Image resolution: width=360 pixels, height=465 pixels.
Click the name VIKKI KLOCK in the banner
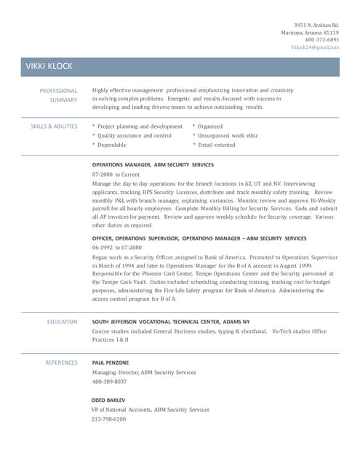click(x=49, y=67)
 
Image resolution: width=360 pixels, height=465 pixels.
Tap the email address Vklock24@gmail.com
click(x=315, y=47)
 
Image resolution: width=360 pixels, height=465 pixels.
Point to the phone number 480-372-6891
click(x=322, y=40)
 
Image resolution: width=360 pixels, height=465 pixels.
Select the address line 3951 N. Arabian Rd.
click(x=316, y=25)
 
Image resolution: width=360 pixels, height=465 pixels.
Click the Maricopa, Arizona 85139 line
click(x=311, y=33)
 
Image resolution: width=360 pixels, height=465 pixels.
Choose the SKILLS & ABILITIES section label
click(x=54, y=126)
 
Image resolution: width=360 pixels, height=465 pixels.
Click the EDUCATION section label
click(x=63, y=321)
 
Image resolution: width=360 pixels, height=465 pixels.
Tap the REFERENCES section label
click(x=61, y=362)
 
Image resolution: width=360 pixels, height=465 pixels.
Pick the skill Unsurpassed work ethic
click(x=228, y=135)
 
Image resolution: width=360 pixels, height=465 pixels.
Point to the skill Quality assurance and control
click(x=135, y=135)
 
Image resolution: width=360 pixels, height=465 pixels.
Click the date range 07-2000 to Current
click(x=116, y=175)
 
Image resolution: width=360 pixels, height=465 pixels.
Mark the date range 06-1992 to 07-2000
click(x=117, y=248)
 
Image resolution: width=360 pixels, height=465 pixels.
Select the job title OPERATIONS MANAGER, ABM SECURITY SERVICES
click(x=153, y=165)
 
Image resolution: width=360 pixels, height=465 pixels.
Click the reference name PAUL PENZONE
click(x=111, y=362)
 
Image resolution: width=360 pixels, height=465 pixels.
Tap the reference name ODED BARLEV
click(x=108, y=400)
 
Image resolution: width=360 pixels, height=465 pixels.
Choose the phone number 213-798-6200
click(x=109, y=419)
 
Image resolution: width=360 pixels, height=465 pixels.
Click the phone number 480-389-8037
click(x=109, y=381)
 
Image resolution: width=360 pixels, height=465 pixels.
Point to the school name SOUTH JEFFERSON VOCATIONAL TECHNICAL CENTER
click(x=157, y=321)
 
